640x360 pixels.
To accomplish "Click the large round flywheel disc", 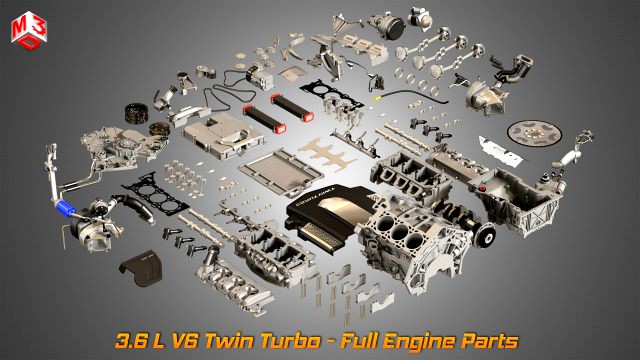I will pyautogui.click(x=530, y=132).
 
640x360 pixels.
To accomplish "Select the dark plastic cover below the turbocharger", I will pyautogui.click(x=141, y=270).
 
